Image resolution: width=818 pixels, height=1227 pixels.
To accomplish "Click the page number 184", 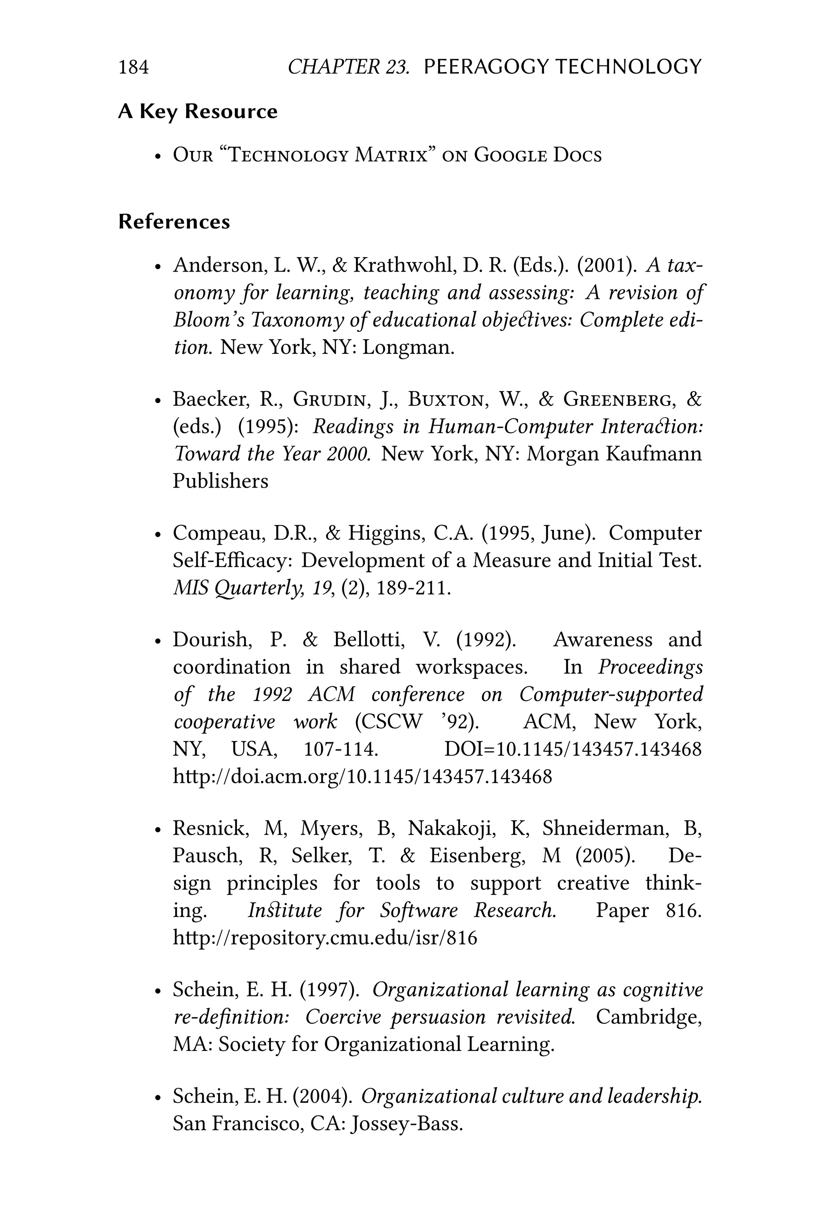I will tap(133, 67).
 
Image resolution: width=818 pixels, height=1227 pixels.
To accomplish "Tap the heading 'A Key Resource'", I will tap(198, 112).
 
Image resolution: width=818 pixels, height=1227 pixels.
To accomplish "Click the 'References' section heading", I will tap(174, 222).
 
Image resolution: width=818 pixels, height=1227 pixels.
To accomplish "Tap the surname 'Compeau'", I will tap(216, 533).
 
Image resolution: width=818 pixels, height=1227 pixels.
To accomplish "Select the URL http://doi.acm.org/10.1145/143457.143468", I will tap(362, 776).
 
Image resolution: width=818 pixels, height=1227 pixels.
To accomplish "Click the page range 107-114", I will tap(340, 750).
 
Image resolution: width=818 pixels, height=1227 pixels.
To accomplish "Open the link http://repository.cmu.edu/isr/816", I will tap(324, 937).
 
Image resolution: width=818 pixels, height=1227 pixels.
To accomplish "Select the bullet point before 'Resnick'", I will tap(157, 830).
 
